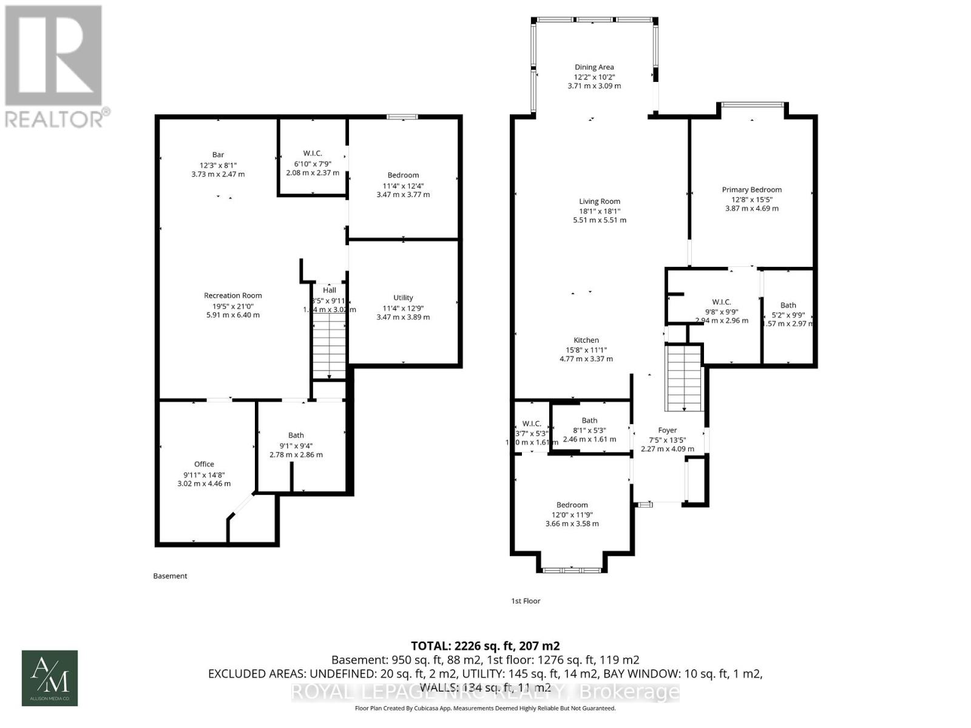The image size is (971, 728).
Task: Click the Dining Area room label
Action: coord(594,67)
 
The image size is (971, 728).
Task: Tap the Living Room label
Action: coord(599,201)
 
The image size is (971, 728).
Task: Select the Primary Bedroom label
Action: coord(751,190)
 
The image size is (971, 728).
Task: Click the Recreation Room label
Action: coord(233,296)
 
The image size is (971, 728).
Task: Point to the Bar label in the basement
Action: coord(218,155)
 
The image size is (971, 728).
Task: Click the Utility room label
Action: coord(403,298)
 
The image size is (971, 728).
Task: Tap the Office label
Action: coord(204,465)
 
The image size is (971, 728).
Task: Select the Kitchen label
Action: coord(586,340)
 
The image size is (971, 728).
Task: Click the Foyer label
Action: coord(667,430)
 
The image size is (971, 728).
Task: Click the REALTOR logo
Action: coord(55,67)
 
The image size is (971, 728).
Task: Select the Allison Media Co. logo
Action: coord(50,678)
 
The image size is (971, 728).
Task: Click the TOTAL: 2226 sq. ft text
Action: coord(485,645)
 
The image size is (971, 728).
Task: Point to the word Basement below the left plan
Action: coord(170,576)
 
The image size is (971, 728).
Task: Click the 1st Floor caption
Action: coord(526,601)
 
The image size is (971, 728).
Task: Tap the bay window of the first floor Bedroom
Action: coord(572,569)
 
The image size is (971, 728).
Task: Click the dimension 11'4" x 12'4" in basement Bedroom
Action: coord(403,185)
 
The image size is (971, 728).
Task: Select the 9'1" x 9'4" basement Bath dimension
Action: coord(296,445)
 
